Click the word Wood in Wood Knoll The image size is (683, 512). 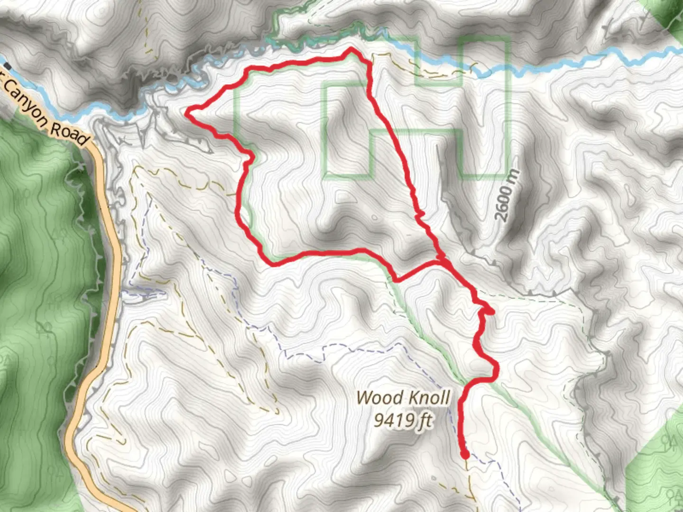pos(377,397)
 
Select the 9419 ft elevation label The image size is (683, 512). pos(403,419)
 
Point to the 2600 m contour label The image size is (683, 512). pos(507,195)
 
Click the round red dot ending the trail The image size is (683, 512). pos(465,455)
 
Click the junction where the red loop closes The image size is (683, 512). pos(440,260)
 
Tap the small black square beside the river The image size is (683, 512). pos(7,66)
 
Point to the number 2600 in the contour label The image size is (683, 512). pos(504,203)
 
